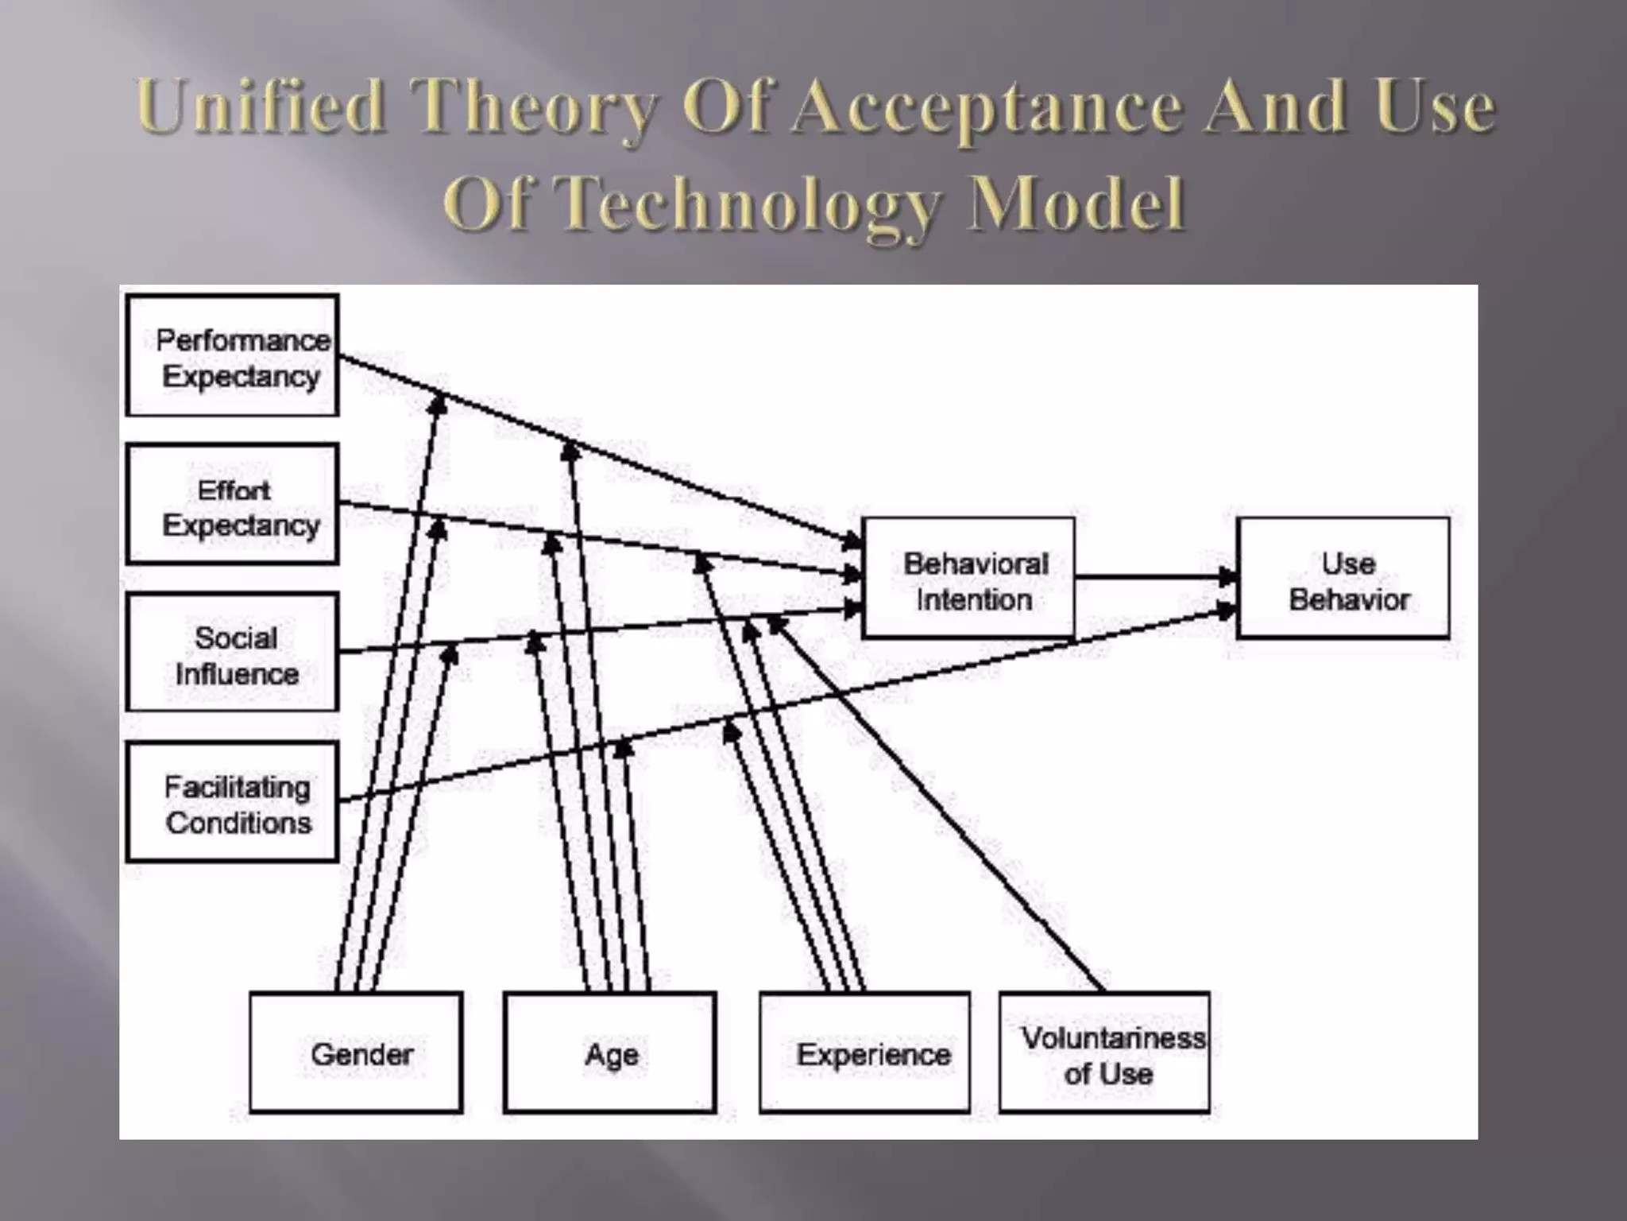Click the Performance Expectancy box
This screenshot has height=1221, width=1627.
point(233,355)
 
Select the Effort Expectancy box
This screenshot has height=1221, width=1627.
point(233,504)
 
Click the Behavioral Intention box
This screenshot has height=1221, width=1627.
point(968,578)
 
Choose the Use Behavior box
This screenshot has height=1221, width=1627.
point(1343,578)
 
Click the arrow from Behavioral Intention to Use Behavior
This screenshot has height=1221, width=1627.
point(1152,576)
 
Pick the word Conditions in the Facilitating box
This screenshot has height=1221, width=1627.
point(238,823)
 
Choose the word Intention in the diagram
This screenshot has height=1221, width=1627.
point(974,599)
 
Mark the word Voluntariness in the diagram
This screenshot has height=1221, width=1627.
point(1113,1037)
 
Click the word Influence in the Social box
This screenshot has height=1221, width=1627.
point(237,674)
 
